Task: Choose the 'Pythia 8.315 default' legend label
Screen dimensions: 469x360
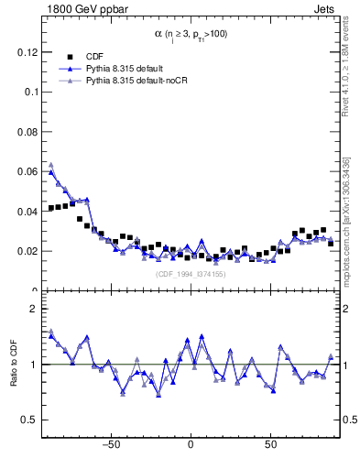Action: (124, 68)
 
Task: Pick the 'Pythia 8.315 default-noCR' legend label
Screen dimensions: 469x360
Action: (134, 81)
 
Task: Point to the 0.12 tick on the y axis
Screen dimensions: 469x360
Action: (26, 52)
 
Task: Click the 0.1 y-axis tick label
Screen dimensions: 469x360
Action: (30, 92)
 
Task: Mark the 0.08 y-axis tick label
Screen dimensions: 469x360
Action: (26, 132)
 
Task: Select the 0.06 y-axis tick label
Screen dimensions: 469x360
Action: (26, 171)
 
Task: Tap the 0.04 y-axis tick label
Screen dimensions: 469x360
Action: (26, 211)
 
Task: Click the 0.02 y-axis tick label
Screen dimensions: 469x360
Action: (26, 250)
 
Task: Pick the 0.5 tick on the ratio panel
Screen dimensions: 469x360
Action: (29, 420)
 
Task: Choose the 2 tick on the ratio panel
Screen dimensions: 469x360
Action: (34, 309)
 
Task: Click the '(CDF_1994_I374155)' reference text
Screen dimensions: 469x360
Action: (191, 274)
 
